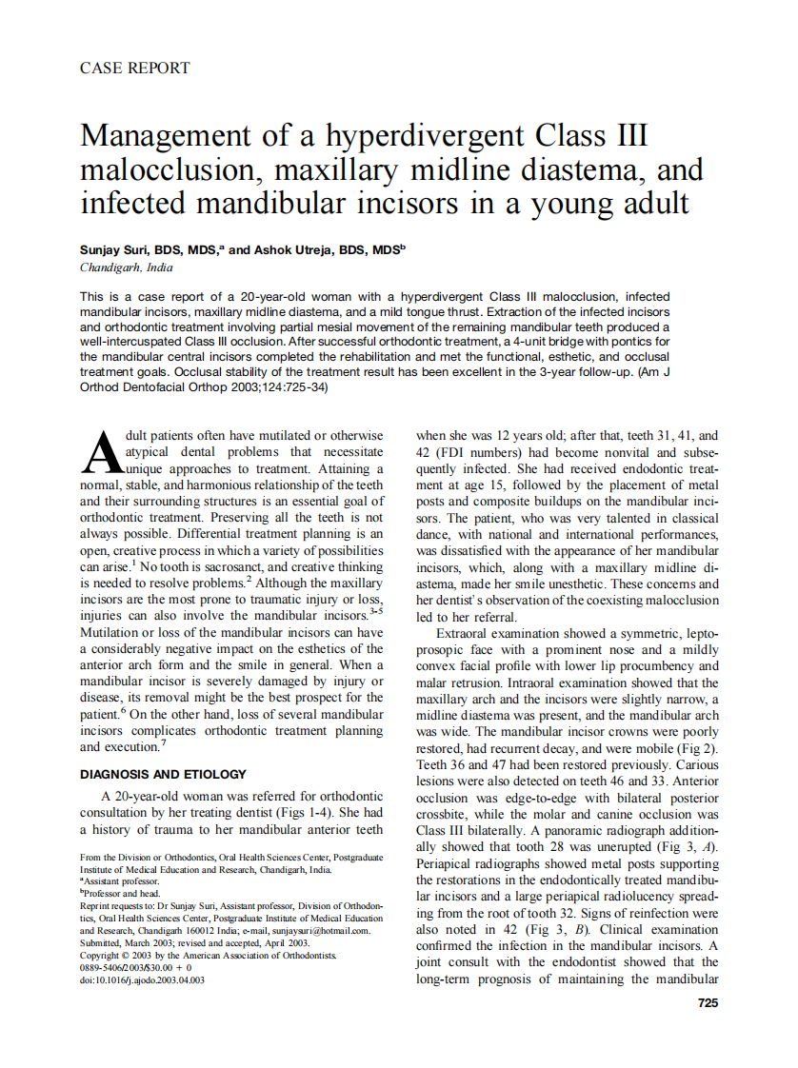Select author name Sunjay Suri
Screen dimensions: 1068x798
115,249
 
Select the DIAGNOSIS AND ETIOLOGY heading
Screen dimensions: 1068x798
163,774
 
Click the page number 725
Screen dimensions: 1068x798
707,1002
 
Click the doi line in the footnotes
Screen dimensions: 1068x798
143,979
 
